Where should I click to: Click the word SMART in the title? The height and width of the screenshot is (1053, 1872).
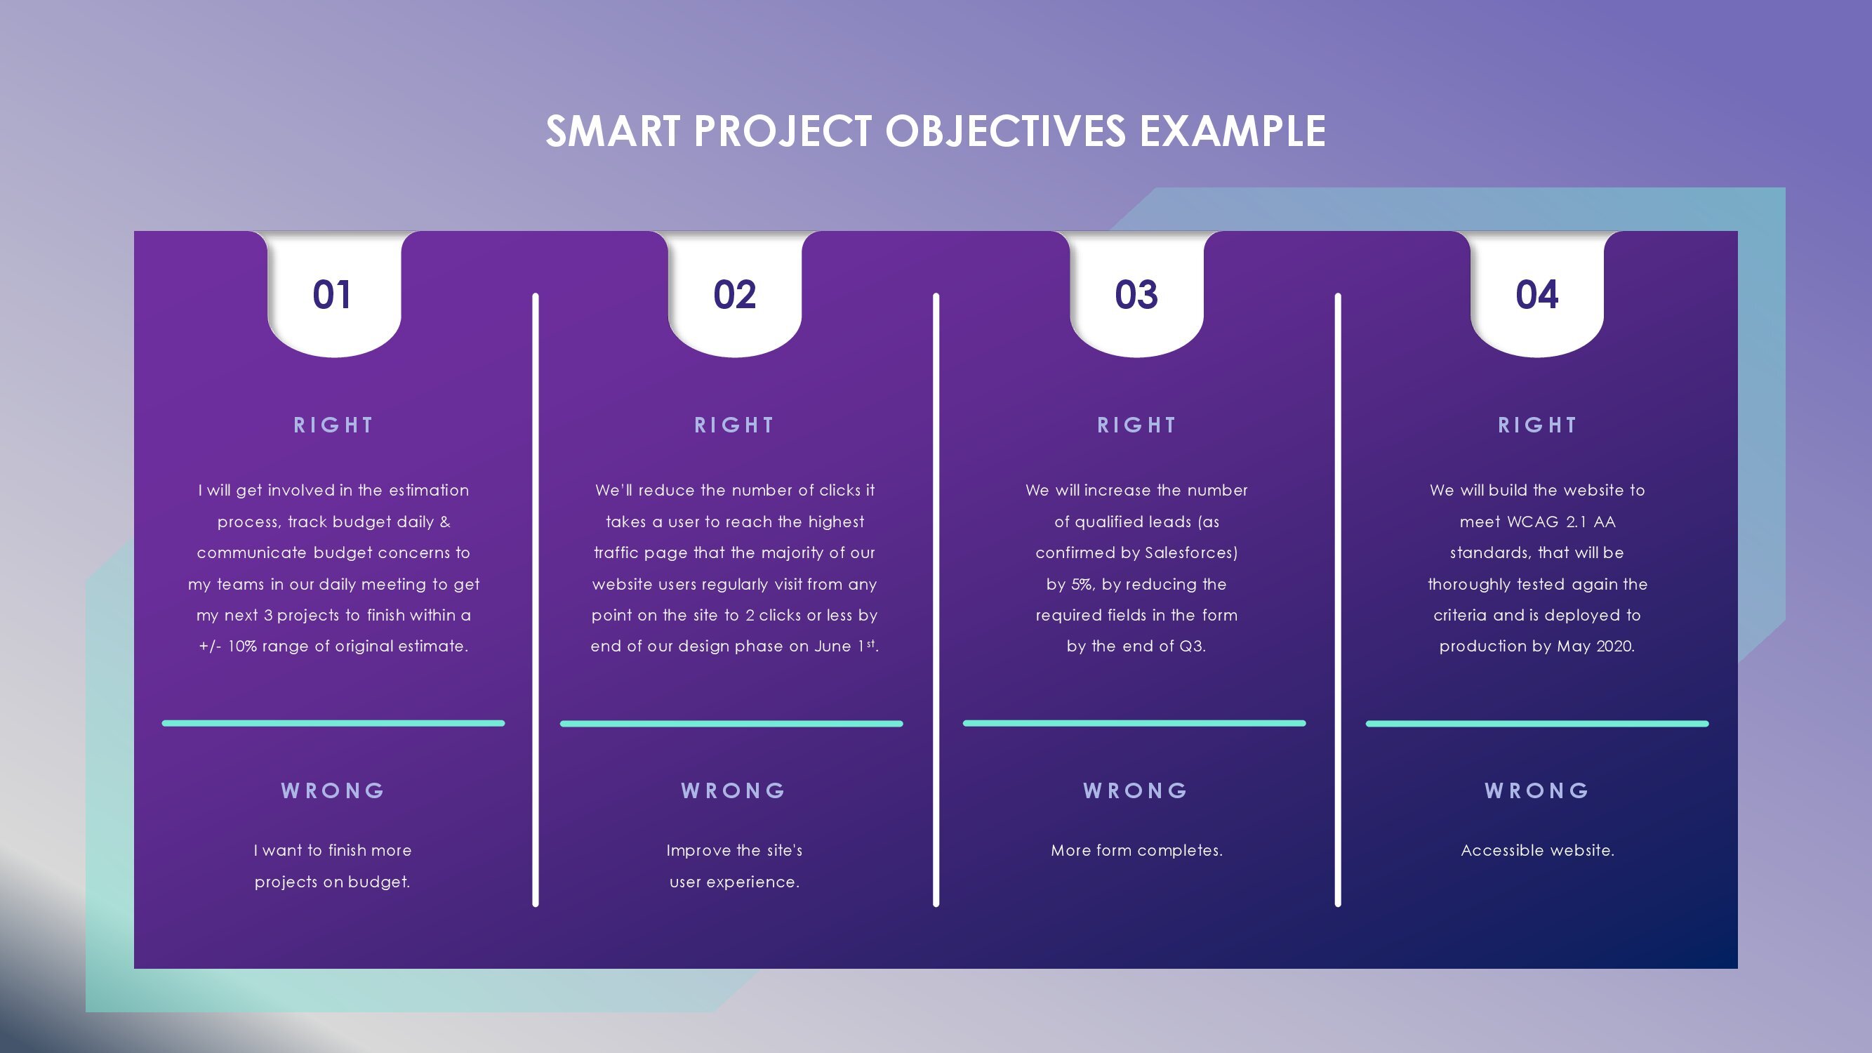[x=613, y=131]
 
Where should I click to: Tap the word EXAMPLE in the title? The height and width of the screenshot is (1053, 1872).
[x=1233, y=131]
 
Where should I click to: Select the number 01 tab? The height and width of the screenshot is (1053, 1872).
[x=332, y=294]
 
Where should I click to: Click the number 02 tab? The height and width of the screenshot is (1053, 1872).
[x=735, y=294]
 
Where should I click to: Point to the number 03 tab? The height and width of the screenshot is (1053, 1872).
[x=1136, y=294]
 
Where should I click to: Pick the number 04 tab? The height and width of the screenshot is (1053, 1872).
[x=1537, y=294]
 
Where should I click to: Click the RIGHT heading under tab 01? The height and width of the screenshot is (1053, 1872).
[x=333, y=425]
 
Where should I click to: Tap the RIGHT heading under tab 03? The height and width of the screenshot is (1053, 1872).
[x=1136, y=425]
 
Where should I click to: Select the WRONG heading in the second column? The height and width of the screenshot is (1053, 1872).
[x=734, y=790]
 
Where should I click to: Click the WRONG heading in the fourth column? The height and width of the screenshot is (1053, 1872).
[x=1537, y=790]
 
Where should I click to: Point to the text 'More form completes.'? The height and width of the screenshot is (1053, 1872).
[x=1136, y=850]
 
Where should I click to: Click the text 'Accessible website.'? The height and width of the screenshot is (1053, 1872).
[x=1537, y=850]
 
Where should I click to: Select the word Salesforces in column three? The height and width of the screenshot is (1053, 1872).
[x=1190, y=553]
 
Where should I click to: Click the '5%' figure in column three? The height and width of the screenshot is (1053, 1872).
[x=1082, y=584]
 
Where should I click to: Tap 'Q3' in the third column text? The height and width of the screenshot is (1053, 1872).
[x=1190, y=646]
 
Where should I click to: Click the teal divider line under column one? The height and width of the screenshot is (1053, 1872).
[x=333, y=723]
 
